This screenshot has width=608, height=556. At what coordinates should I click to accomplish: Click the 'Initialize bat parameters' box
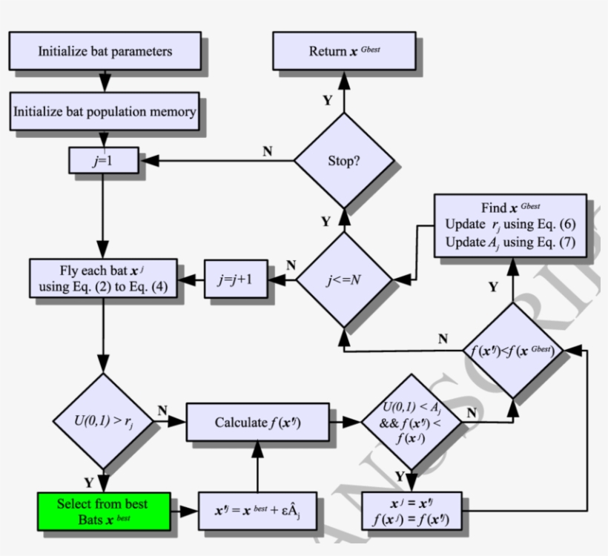tap(105, 51)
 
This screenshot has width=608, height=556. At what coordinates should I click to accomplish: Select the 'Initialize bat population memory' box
tap(105, 112)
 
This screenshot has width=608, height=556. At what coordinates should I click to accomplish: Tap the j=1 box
tap(103, 160)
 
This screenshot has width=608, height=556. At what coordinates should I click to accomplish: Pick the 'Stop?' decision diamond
tap(343, 160)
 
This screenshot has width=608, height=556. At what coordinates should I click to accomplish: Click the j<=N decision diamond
tap(343, 280)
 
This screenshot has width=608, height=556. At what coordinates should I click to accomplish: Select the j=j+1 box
tap(235, 280)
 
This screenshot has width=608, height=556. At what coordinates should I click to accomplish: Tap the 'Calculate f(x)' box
tap(257, 423)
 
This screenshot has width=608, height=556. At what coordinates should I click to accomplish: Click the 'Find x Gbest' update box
tap(509, 225)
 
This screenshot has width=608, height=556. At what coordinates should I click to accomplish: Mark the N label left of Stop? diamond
tap(268, 152)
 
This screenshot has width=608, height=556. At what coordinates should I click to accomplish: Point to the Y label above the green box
tap(88, 483)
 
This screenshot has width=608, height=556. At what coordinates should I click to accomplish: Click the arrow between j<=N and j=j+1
tap(282, 280)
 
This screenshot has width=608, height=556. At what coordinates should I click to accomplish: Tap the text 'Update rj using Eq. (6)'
tap(510, 224)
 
